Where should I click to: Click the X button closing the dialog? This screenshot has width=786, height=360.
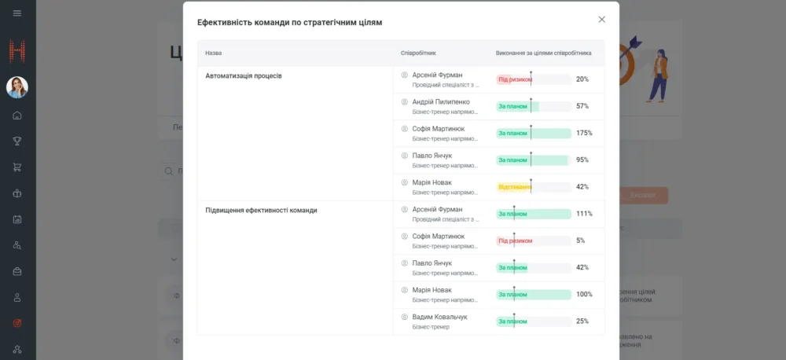tap(602, 20)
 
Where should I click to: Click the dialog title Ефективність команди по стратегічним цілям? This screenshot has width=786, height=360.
tap(289, 23)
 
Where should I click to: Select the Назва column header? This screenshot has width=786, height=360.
tap(214, 53)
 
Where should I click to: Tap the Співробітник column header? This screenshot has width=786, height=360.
tap(418, 53)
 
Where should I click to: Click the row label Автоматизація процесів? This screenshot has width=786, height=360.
tap(244, 76)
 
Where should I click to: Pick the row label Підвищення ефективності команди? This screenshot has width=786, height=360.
tap(261, 211)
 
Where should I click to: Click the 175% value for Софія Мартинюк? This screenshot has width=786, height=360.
tap(584, 133)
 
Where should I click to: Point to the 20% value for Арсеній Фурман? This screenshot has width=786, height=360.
tap(582, 79)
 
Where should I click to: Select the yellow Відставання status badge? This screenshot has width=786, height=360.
tap(514, 187)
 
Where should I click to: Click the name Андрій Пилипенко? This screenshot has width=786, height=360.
tap(441, 101)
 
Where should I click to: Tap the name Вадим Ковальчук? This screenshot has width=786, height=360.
tap(439, 317)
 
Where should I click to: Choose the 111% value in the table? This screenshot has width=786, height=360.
tap(584, 214)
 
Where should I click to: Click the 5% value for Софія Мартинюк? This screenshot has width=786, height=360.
tap(580, 241)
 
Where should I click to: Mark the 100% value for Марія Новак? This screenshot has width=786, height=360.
tap(584, 294)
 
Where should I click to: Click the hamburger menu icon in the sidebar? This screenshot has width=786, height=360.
tap(17, 13)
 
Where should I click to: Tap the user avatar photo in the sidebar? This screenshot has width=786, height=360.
tap(17, 87)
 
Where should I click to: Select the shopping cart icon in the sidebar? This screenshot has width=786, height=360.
tap(17, 167)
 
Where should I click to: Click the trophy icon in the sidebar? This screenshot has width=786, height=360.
tap(17, 141)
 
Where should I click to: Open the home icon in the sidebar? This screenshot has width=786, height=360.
tap(17, 116)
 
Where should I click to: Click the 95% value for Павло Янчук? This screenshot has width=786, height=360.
tap(582, 160)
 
